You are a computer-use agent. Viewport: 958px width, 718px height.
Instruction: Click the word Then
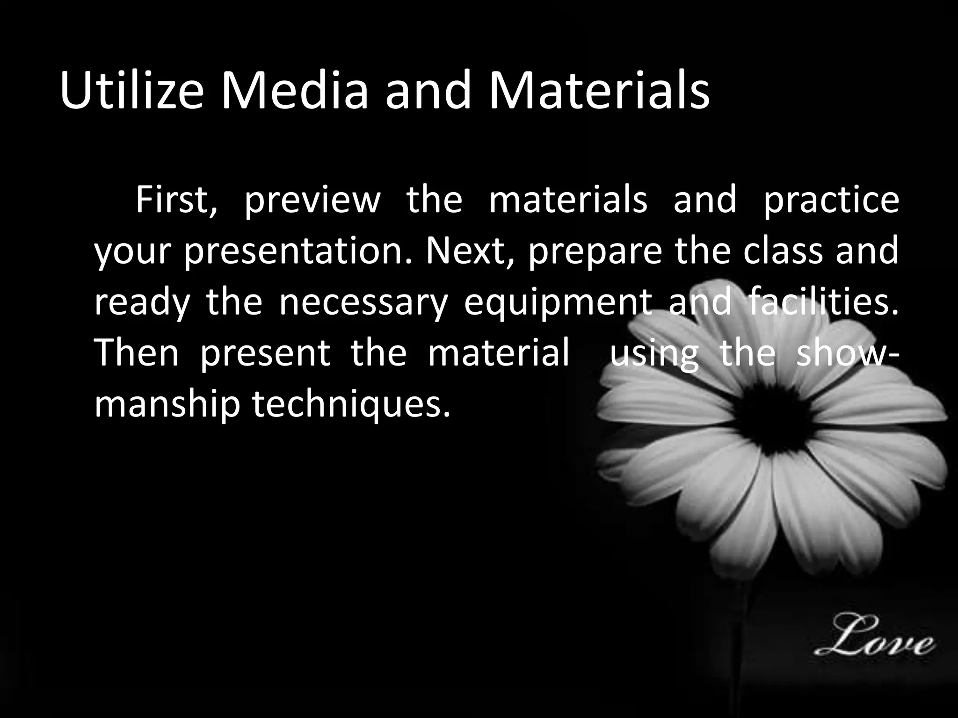[137, 353]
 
